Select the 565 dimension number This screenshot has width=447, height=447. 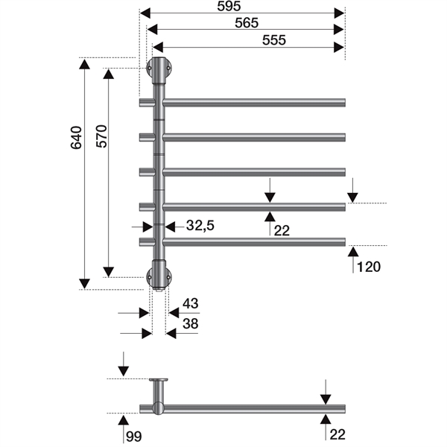tap(247, 22)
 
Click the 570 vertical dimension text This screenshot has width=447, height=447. tap(101, 139)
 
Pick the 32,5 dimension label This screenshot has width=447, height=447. tap(200, 226)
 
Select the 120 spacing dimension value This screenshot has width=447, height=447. tap(368, 267)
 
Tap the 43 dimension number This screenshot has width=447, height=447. tap(191, 304)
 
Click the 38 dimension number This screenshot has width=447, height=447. tap(191, 323)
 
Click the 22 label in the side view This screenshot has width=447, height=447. tap(337, 434)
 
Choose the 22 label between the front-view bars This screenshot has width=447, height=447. tap(281, 231)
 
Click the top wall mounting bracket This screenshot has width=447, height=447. tap(159, 69)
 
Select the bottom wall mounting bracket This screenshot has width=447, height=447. tap(159, 273)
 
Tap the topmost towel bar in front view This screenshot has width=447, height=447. tap(253, 101)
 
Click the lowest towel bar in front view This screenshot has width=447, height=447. tap(253, 241)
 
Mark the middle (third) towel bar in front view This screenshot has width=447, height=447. tap(253, 171)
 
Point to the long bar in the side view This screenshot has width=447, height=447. tap(253, 408)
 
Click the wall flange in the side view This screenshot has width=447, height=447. tap(159, 380)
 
